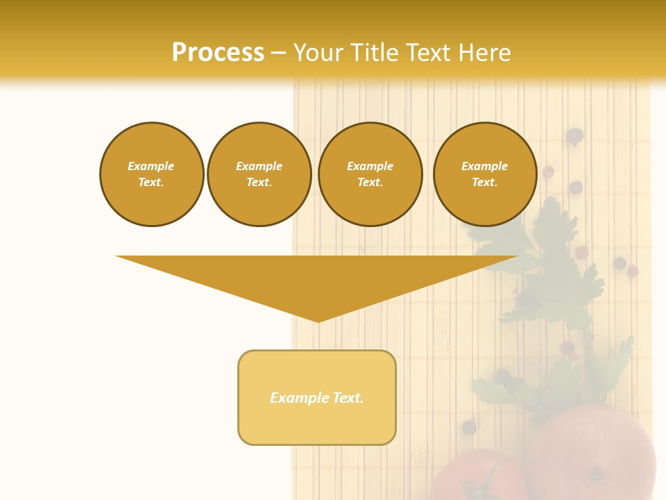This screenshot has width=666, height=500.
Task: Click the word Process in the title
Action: [218, 53]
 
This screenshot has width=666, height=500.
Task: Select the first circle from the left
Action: [151, 174]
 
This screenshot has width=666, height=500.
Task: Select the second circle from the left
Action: [259, 174]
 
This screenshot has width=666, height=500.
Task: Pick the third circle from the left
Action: [370, 174]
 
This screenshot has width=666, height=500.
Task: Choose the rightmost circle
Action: [485, 174]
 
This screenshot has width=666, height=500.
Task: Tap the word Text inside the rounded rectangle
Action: [348, 398]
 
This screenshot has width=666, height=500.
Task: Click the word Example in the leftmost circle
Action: [151, 166]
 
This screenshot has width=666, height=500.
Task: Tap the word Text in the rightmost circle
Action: [485, 183]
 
